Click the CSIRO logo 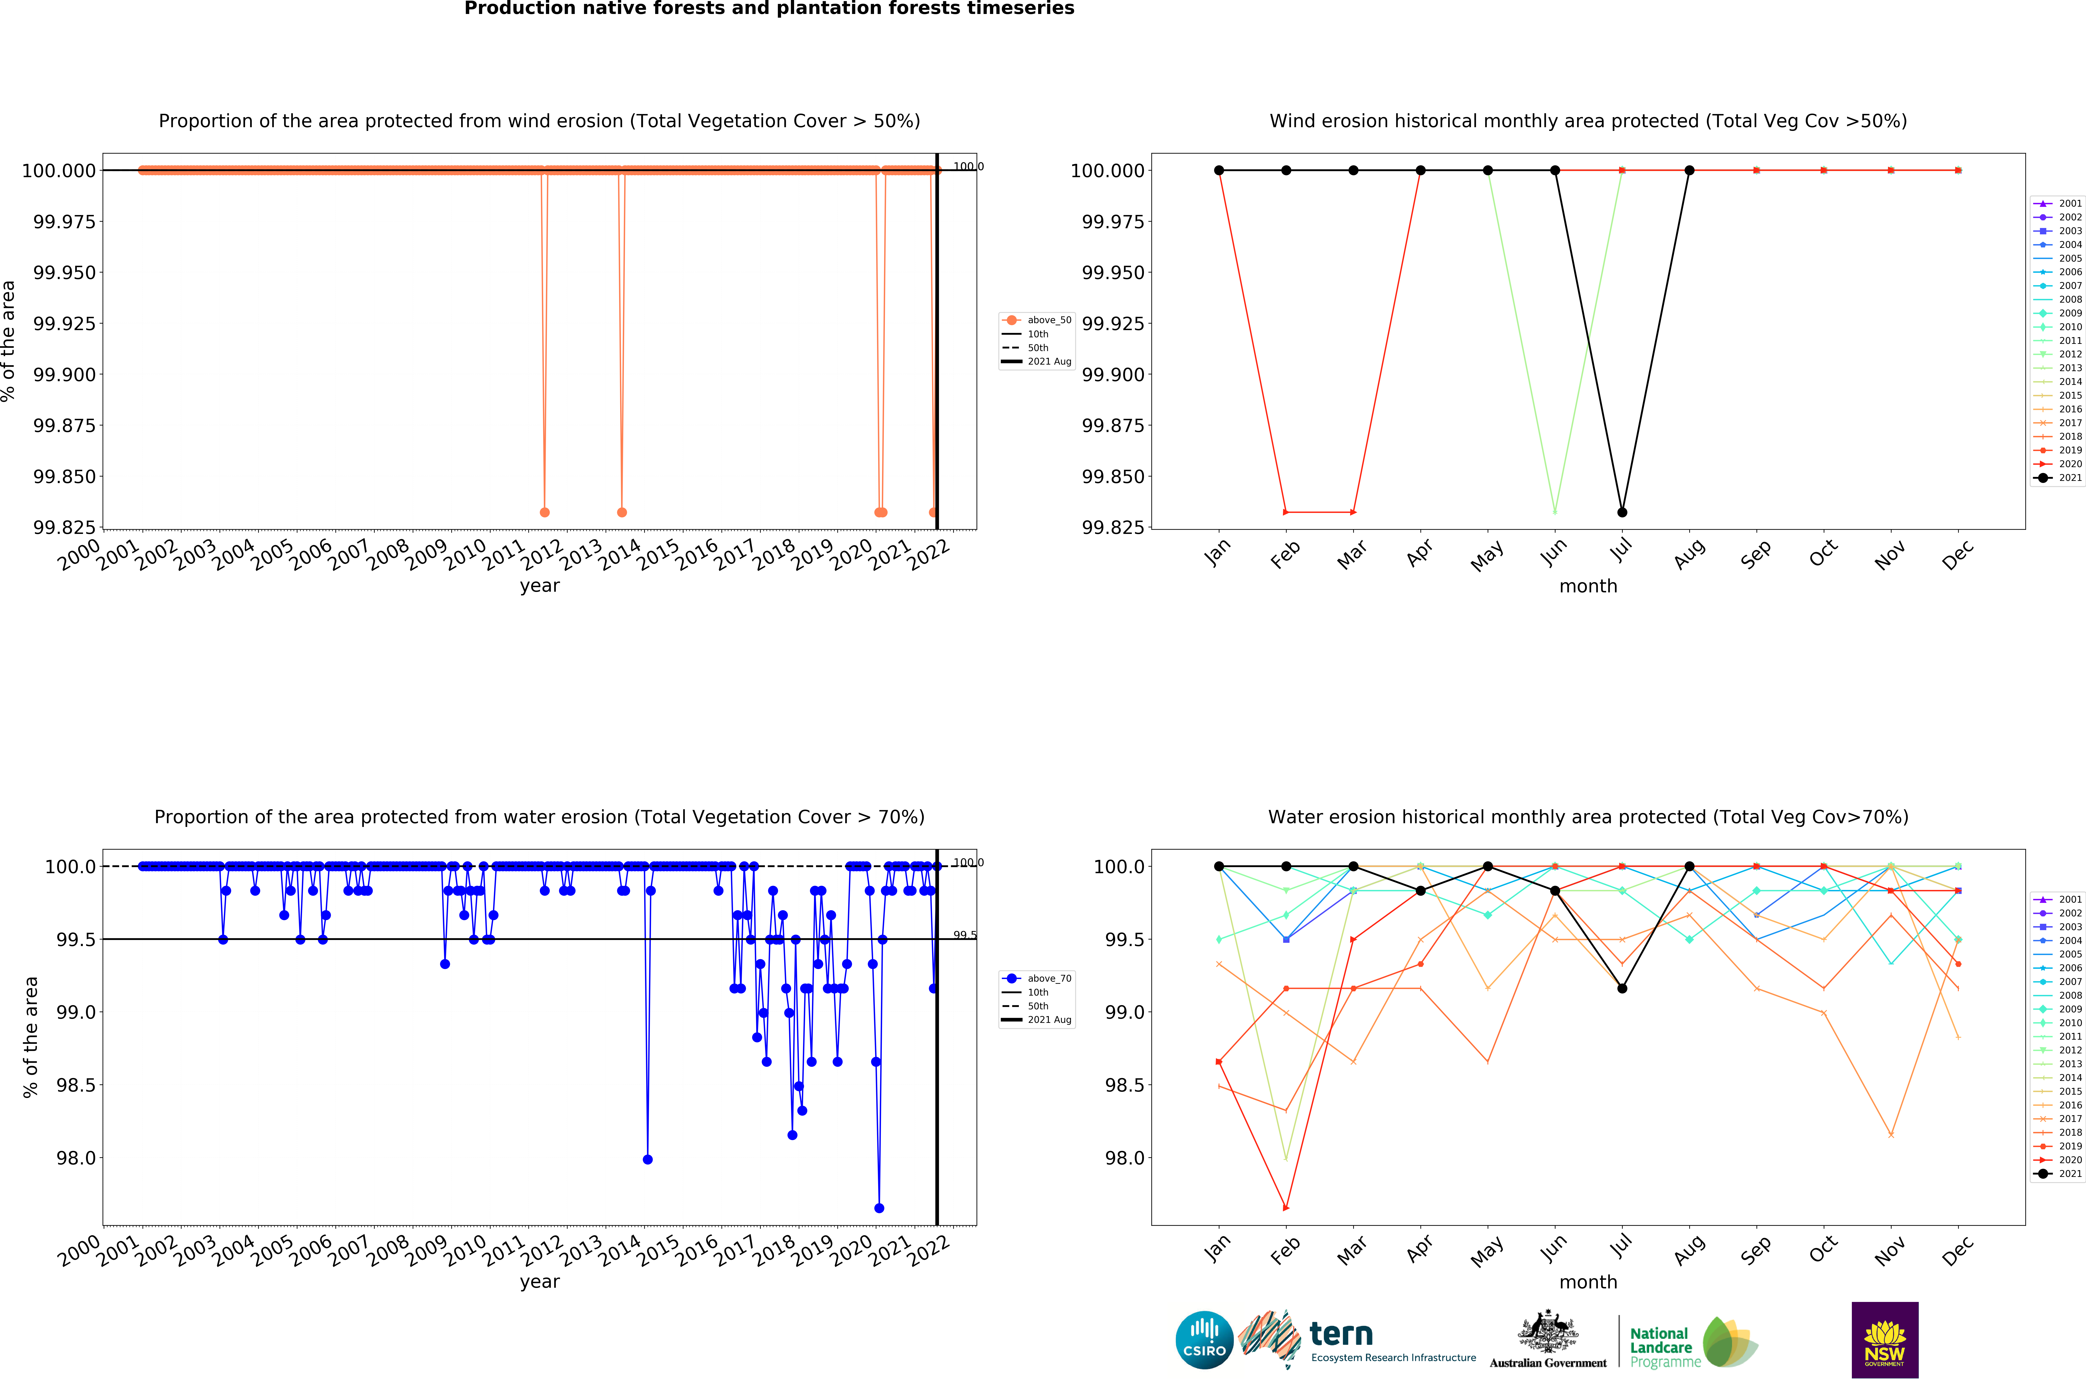coord(1204,1340)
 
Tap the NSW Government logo coord(1884,1340)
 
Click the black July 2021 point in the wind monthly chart coord(1622,512)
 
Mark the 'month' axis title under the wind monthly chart coord(1588,586)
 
